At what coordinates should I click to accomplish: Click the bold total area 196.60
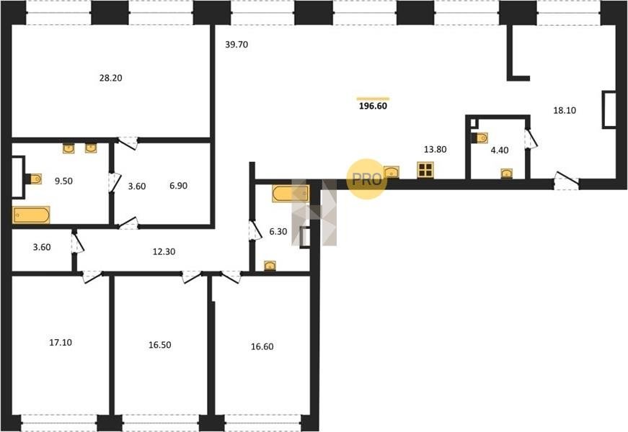coord(373,106)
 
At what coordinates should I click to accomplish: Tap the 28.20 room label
coord(110,78)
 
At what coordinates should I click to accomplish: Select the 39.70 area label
coord(236,45)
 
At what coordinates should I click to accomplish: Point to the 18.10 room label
coord(565,110)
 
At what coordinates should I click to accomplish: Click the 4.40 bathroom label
coord(500,150)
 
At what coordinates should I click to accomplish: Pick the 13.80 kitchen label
coord(435,150)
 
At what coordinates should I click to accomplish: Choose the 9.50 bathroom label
coord(63,181)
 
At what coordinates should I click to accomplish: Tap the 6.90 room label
coord(178,186)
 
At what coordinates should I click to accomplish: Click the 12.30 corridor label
coord(164,252)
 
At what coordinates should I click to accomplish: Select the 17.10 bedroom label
coord(61,343)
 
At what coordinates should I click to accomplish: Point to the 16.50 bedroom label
coord(160,345)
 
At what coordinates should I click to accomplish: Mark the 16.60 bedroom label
coord(262,346)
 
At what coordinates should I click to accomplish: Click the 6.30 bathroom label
coord(278,232)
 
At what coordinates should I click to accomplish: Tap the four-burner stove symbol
coord(425,170)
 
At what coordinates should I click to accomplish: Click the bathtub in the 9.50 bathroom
coord(31,215)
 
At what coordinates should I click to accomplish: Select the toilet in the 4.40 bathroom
coord(479,138)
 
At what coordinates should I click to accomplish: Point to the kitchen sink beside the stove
coord(392,172)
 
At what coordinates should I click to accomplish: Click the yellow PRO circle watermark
coord(366,179)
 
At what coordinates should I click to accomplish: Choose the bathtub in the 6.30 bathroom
coord(291,193)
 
